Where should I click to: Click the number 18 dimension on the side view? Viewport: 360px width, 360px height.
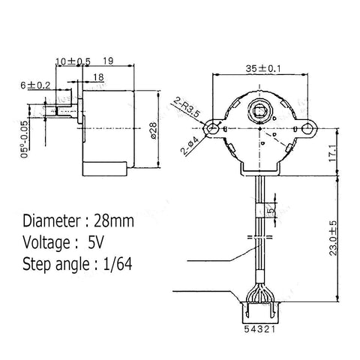(99, 77)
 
